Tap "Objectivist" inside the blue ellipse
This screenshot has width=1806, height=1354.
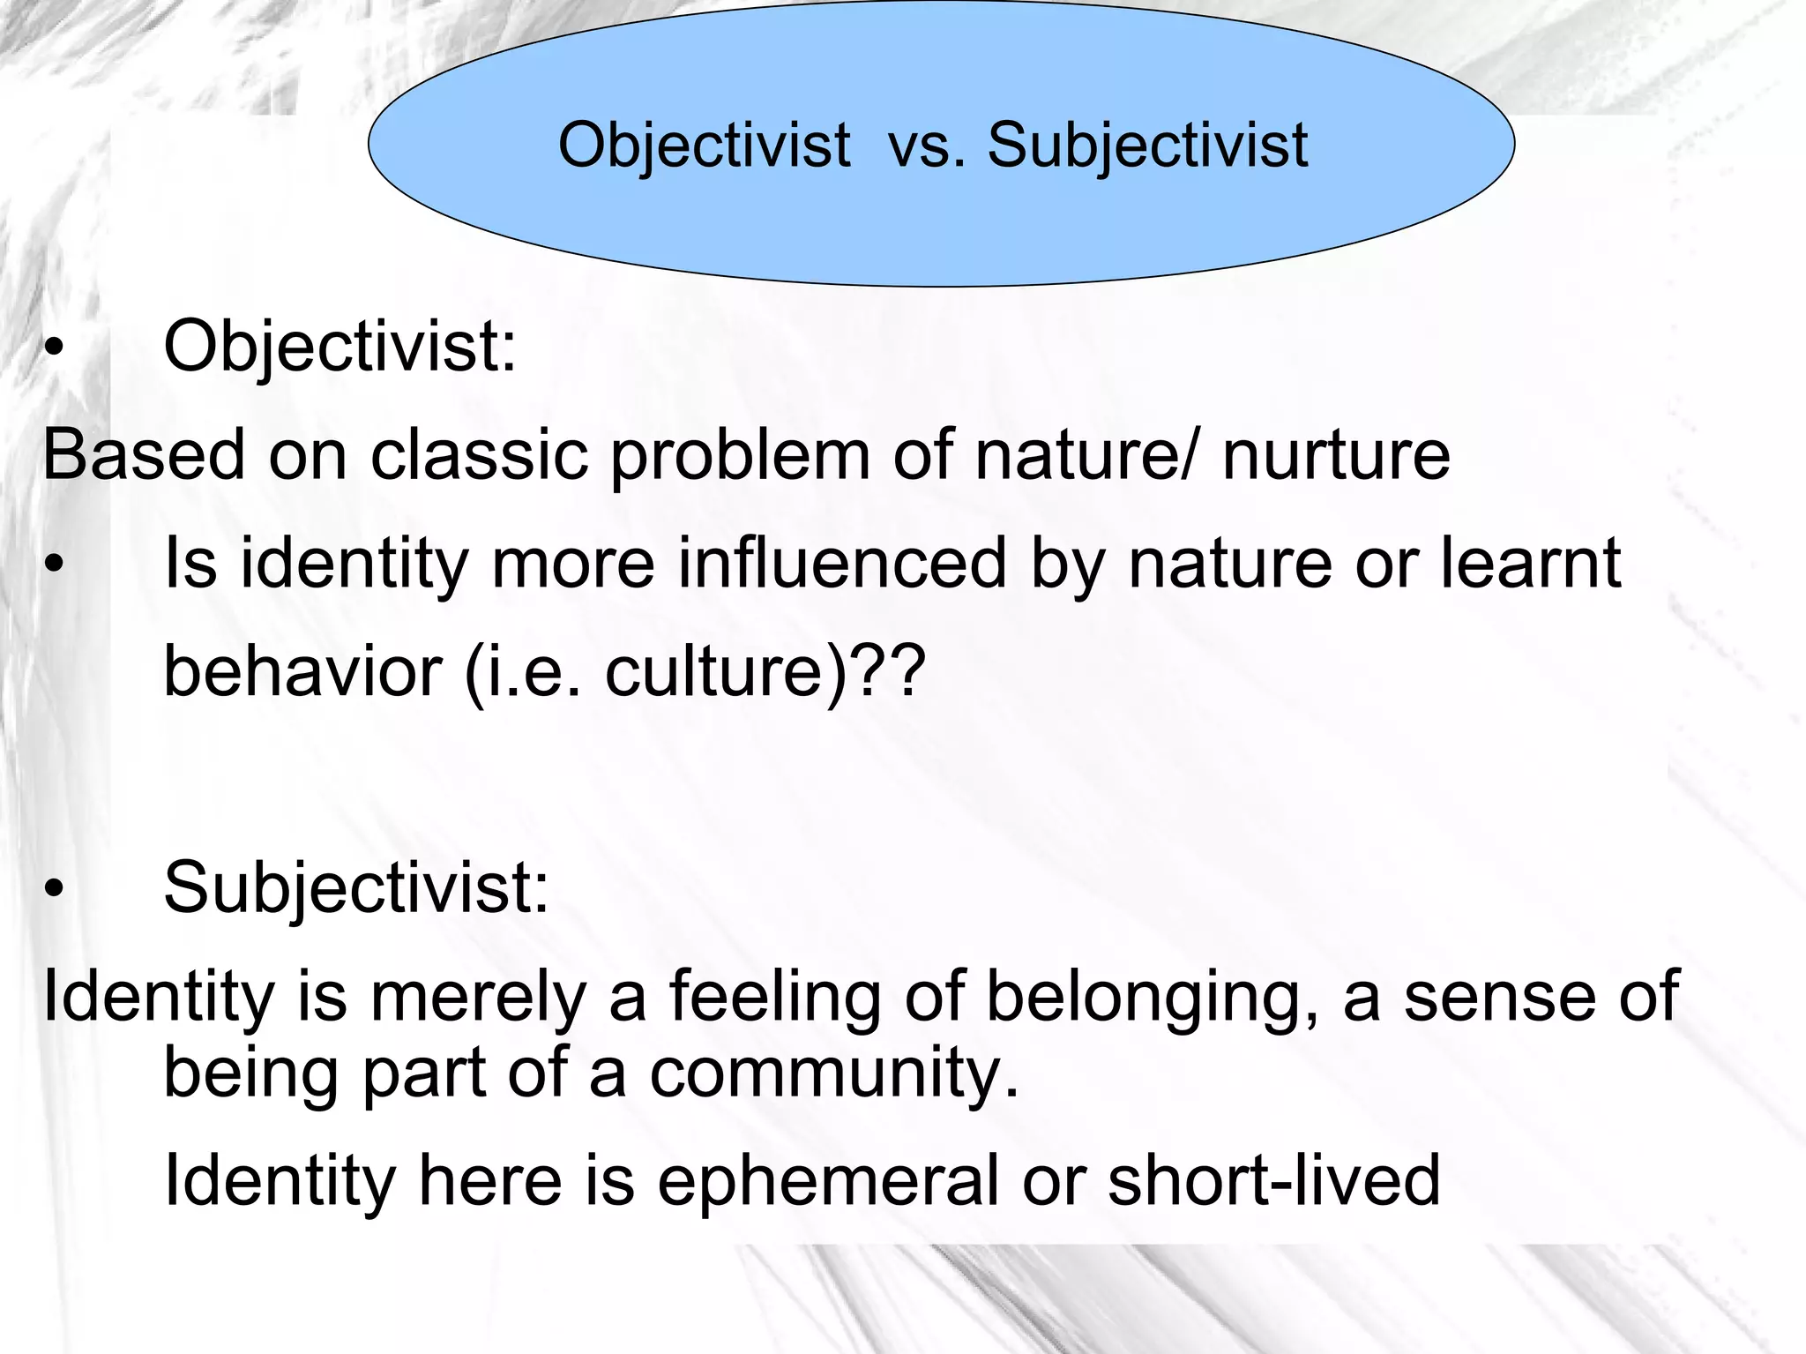tap(705, 146)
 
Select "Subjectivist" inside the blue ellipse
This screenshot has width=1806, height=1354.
tap(1147, 146)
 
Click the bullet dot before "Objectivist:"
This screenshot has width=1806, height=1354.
tap(55, 350)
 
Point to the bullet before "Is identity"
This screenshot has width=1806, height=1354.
tap(55, 567)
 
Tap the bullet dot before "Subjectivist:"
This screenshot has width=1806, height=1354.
tap(55, 891)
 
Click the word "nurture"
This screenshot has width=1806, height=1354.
tap(1335, 455)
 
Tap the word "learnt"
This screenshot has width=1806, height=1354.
tap(1530, 565)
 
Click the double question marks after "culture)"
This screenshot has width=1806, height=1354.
tap(890, 672)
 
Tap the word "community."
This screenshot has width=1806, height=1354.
tap(833, 1074)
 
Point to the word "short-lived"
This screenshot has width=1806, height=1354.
tap(1273, 1180)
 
